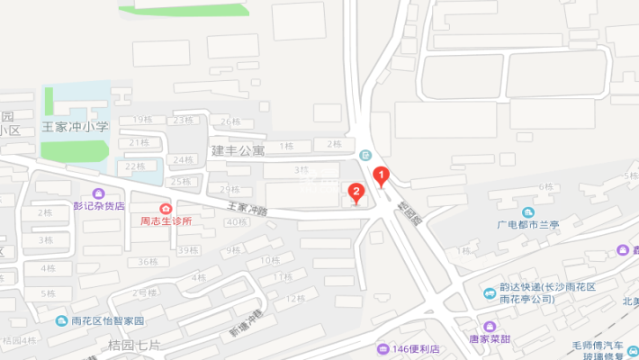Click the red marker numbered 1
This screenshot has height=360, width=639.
coord(381,176)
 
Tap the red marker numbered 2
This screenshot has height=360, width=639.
coord(356,192)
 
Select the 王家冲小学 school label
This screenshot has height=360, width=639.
coord(75,126)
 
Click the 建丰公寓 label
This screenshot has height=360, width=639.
coord(238,149)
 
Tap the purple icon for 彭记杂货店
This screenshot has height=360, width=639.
coord(98,193)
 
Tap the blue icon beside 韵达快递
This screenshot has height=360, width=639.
coord(490,292)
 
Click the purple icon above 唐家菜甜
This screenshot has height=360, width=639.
coord(489,326)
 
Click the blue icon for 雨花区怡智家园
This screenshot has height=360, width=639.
coord(60,320)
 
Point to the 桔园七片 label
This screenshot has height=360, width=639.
coord(134,345)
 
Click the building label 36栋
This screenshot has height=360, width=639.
coord(147,262)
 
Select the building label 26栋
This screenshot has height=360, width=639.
coord(230,121)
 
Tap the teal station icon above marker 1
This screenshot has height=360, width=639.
coord(364,155)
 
